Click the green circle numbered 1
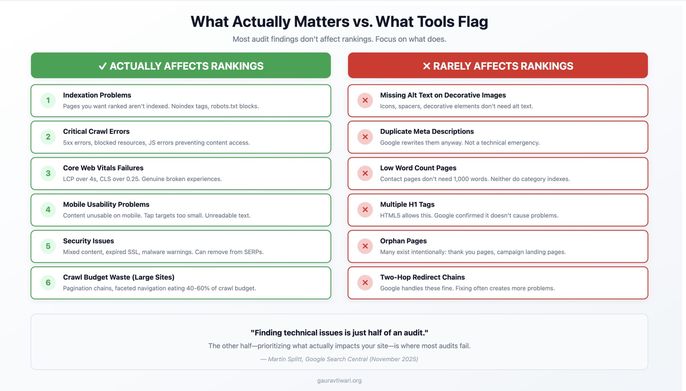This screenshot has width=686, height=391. click(x=48, y=100)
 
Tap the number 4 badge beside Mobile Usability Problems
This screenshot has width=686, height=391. click(x=48, y=210)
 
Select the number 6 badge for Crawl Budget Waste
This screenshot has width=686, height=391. click(x=48, y=283)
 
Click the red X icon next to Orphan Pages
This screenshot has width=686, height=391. click(x=365, y=246)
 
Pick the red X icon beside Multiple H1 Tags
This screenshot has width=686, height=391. click(x=365, y=210)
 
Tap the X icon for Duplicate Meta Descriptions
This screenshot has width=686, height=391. click(x=365, y=137)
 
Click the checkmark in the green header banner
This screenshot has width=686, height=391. click(x=103, y=66)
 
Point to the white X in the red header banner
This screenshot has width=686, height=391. click(x=426, y=66)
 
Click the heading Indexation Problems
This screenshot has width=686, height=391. click(x=97, y=95)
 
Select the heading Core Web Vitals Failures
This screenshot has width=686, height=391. click(x=103, y=168)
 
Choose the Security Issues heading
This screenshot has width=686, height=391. click(x=88, y=241)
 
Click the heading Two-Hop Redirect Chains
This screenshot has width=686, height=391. click(x=422, y=277)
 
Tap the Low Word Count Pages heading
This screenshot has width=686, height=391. click(x=418, y=168)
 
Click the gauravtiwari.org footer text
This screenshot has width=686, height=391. click(x=339, y=380)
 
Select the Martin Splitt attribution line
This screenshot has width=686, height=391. click(x=339, y=359)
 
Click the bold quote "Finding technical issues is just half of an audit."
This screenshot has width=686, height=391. click(x=339, y=333)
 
